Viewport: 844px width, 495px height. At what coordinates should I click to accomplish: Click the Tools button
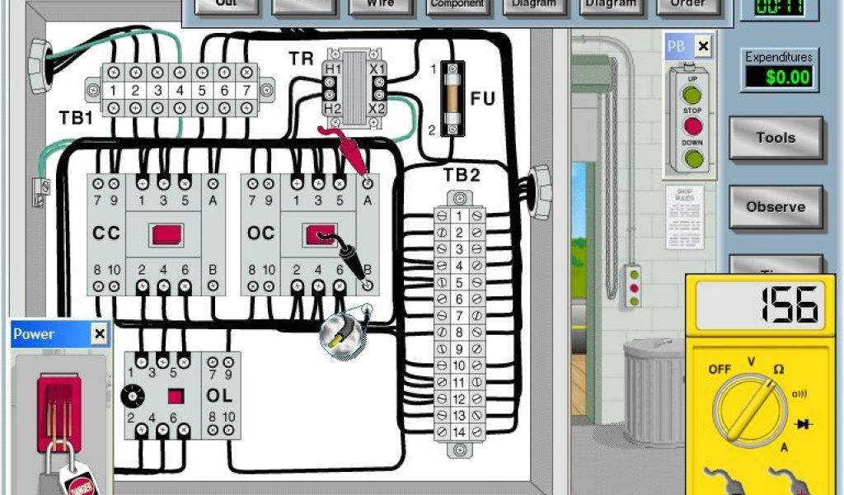pos(776,138)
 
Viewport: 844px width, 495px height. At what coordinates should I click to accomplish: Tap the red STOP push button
pos(692,126)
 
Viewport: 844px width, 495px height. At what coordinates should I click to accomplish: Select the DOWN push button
pos(692,157)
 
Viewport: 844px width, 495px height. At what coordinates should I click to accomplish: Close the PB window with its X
pos(702,47)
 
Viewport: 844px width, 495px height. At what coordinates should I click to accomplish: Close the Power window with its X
pos(99,334)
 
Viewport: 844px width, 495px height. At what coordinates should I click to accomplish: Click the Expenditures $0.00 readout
pos(778,77)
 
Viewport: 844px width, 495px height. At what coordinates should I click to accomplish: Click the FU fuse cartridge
pos(450,98)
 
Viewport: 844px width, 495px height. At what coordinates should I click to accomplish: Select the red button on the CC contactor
pos(171,234)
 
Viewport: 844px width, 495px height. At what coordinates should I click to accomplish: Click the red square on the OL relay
pos(175,396)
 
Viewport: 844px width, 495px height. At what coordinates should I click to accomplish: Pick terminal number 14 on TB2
pos(458,431)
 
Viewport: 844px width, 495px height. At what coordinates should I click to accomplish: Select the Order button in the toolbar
pos(686,3)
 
